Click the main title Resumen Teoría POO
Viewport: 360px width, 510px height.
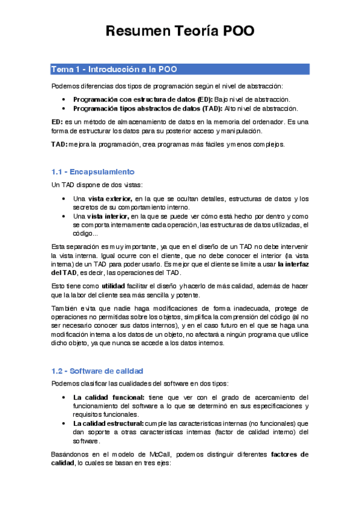tap(180, 31)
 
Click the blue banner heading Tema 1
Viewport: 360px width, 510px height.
tap(114, 69)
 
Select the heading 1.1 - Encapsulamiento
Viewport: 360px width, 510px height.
tap(93, 171)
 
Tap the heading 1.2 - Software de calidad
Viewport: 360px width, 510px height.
tap(97, 370)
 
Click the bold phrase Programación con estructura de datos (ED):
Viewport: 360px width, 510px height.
tap(142, 99)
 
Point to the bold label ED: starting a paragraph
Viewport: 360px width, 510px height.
tap(58, 121)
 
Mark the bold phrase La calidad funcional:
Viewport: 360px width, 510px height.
tap(109, 398)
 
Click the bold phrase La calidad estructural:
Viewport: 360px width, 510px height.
tap(112, 423)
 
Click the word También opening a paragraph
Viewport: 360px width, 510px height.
tap(64, 309)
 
